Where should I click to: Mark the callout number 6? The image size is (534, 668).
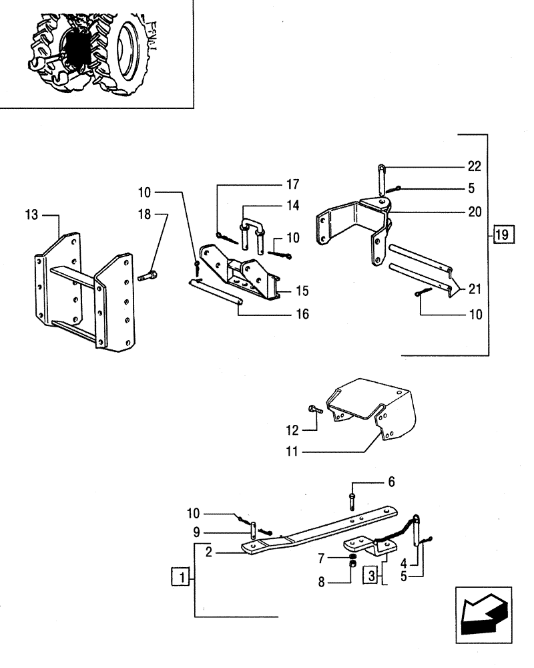(x=391, y=482)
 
